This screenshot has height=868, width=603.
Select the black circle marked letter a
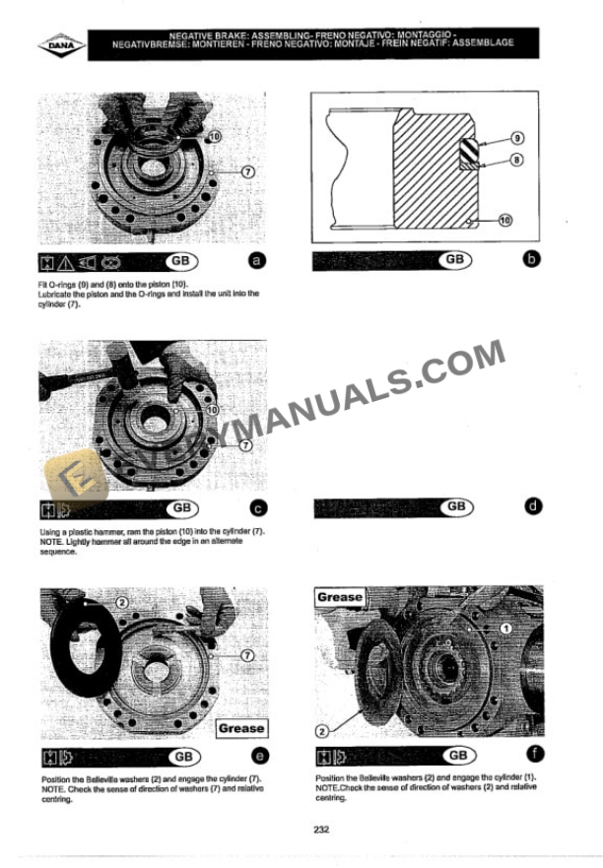coord(257,261)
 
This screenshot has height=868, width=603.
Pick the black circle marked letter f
coord(532,756)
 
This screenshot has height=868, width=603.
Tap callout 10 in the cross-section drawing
coord(505,222)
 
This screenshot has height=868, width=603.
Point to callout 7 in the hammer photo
coord(246,445)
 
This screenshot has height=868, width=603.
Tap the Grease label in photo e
coord(240,728)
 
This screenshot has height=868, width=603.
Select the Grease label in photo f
coord(340,597)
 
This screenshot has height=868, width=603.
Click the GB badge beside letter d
coord(454,506)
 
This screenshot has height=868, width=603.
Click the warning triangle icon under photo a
coord(64,262)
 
